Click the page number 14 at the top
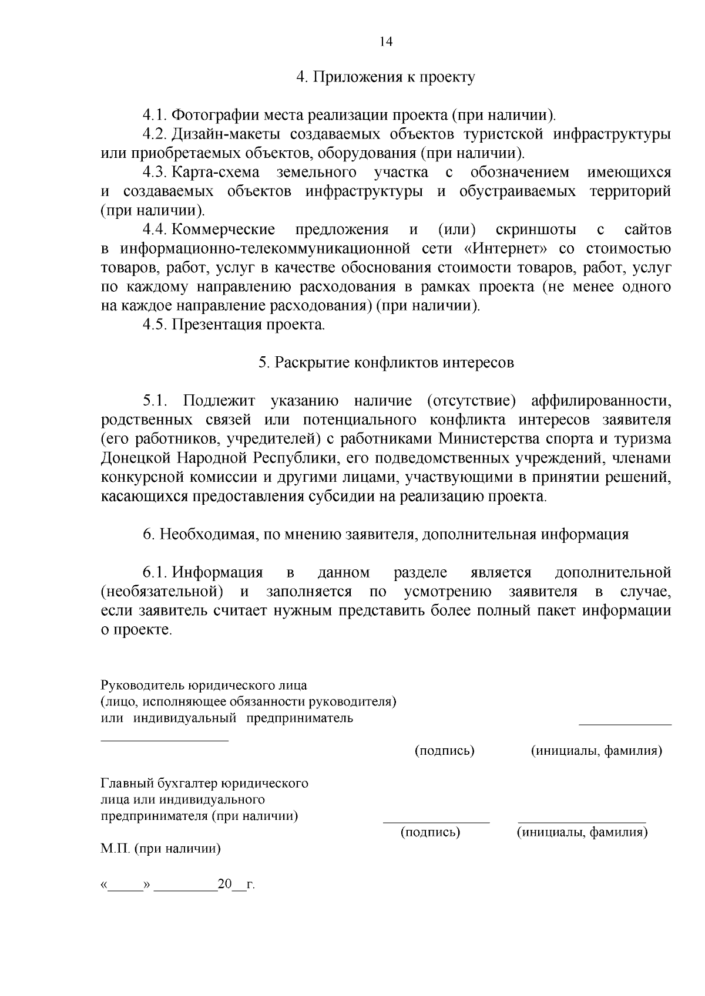[x=385, y=42]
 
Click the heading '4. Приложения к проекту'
[x=385, y=77]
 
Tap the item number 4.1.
[x=155, y=115]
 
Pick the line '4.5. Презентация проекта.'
[x=234, y=325]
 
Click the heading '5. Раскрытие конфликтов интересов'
[x=386, y=363]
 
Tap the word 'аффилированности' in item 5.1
[x=600, y=401]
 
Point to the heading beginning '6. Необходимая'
[x=385, y=535]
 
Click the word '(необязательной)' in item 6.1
[x=162, y=592]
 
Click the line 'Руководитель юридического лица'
[x=204, y=686]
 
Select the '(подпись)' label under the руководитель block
[x=444, y=751]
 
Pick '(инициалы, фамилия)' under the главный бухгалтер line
[x=582, y=832]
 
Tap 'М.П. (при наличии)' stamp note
[x=161, y=849]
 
